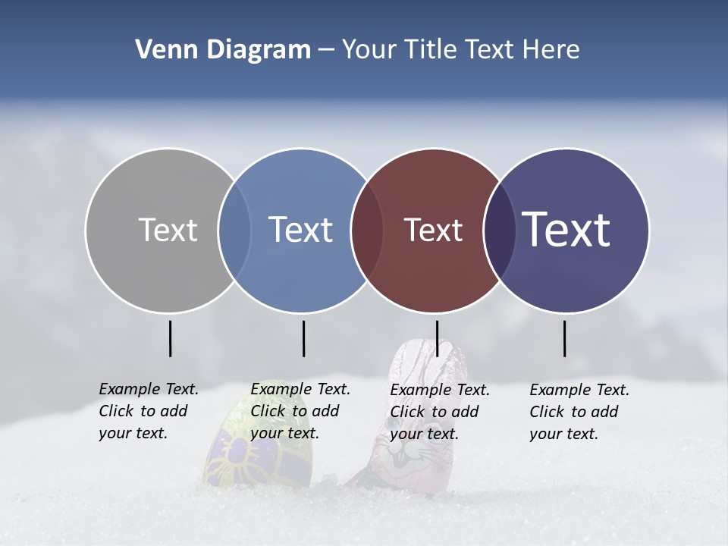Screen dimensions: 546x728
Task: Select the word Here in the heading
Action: (551, 50)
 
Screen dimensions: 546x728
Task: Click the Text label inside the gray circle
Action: (168, 230)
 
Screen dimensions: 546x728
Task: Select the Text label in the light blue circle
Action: (301, 230)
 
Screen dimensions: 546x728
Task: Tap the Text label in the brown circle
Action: (433, 230)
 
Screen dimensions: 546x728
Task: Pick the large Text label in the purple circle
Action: (566, 230)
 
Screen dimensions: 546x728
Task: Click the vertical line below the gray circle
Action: (170, 338)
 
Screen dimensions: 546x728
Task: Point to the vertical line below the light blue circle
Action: (303, 338)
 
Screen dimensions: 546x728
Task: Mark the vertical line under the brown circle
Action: (437, 338)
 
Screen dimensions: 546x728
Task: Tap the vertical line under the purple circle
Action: (565, 338)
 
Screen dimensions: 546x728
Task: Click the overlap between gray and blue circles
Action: (234, 230)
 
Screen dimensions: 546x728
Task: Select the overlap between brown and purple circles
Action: (499, 230)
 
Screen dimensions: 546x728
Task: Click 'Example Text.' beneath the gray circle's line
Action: (149, 389)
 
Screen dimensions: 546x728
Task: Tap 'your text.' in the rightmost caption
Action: (563, 434)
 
